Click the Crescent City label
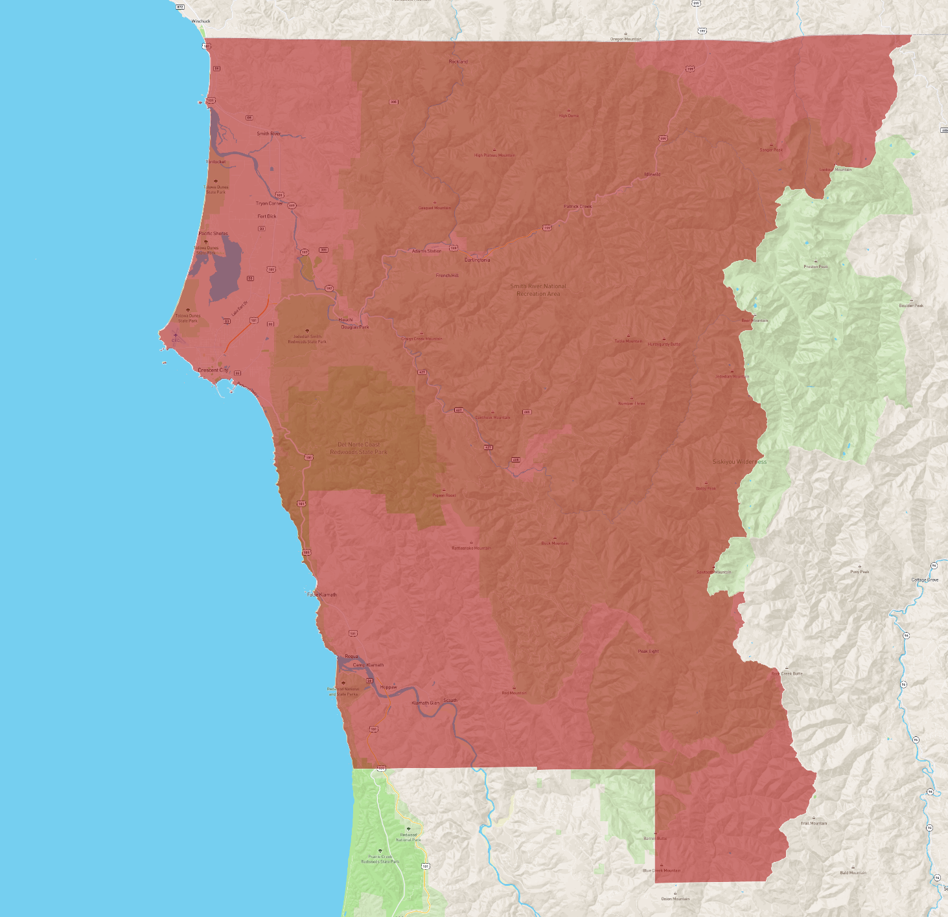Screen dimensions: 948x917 click(x=213, y=370)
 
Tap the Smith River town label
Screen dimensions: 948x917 click(x=269, y=134)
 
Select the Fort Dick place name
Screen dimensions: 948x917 click(x=267, y=216)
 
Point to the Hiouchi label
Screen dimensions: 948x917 click(x=346, y=319)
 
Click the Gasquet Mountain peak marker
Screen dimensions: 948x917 click(x=434, y=203)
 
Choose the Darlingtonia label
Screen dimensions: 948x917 click(x=478, y=260)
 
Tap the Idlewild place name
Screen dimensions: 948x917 click(x=653, y=174)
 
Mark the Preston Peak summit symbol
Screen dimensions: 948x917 click(x=816, y=262)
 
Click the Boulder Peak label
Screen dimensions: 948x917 click(x=911, y=306)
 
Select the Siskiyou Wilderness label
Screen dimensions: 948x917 click(x=739, y=462)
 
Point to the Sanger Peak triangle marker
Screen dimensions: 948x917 click(x=771, y=145)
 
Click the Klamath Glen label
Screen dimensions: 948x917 click(x=425, y=703)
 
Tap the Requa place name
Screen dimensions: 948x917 click(x=351, y=657)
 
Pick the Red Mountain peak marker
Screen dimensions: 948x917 click(x=514, y=688)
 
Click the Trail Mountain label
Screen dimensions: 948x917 click(x=814, y=823)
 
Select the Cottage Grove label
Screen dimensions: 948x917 click(x=925, y=580)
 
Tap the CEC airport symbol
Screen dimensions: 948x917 click(x=175, y=335)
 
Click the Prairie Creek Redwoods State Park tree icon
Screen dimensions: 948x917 click(x=380, y=851)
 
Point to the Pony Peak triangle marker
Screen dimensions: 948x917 click(x=860, y=567)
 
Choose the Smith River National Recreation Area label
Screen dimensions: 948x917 click(x=538, y=290)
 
